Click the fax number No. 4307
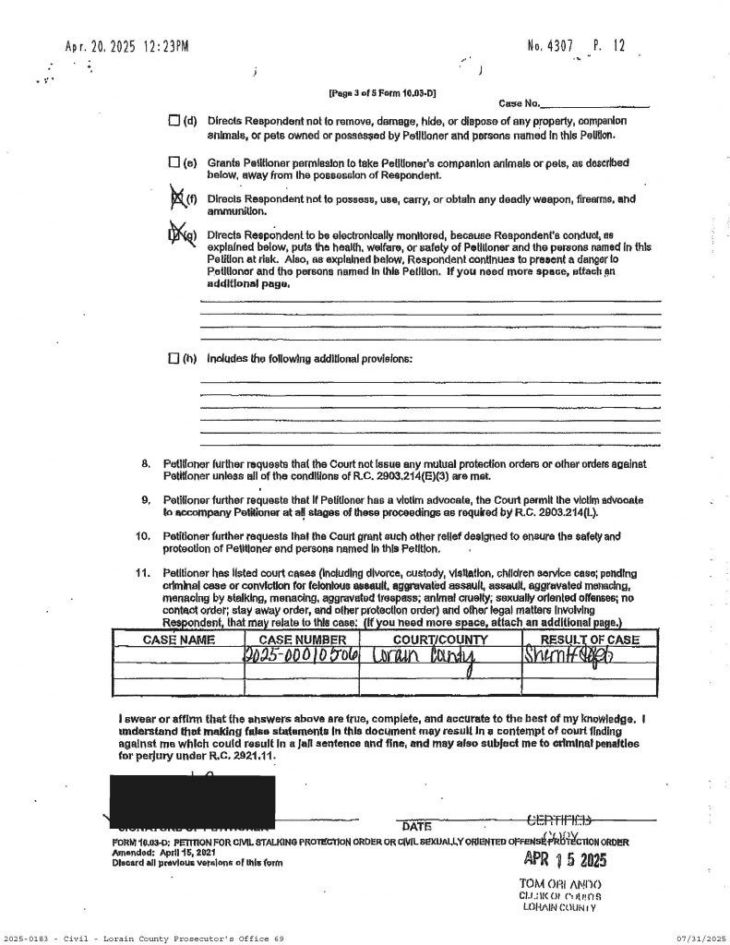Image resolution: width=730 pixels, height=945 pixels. tap(551, 44)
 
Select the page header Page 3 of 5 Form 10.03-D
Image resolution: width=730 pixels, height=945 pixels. tap(382, 93)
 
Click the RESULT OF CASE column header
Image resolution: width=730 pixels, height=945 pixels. tap(589, 638)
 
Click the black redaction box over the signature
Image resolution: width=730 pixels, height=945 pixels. tap(192, 797)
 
